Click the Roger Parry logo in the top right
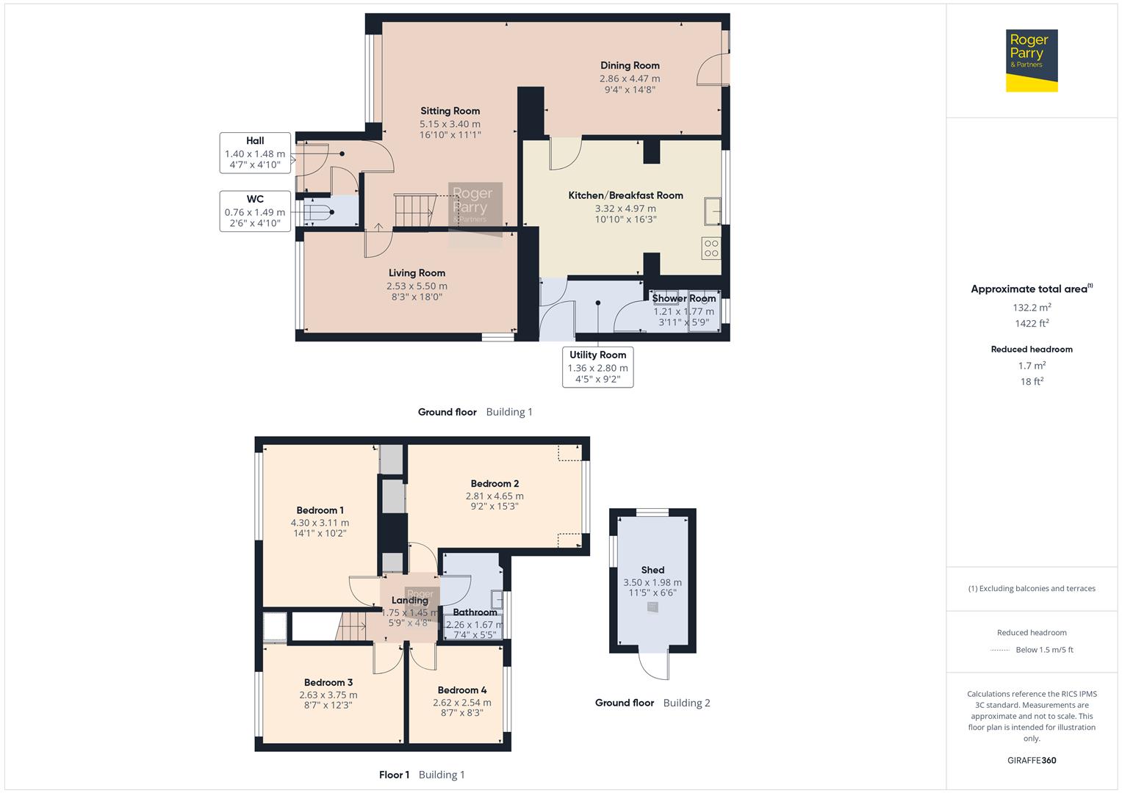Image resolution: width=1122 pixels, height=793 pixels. pyautogui.click(x=1031, y=60)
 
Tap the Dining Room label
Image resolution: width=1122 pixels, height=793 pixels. pyautogui.click(x=630, y=65)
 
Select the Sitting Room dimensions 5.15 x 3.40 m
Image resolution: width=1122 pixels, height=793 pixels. pyautogui.click(x=450, y=124)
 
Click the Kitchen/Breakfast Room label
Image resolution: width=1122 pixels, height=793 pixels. pyautogui.click(x=625, y=195)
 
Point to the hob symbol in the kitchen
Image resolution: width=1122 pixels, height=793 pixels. pyautogui.click(x=711, y=248)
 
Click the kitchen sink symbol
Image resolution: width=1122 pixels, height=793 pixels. pyautogui.click(x=712, y=211)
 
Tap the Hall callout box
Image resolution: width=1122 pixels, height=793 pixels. pyautogui.click(x=255, y=153)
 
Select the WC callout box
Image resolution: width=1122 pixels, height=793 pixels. pyautogui.click(x=255, y=211)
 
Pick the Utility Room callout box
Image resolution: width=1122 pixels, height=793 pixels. pyautogui.click(x=597, y=366)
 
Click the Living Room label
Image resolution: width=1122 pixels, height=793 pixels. pyautogui.click(x=417, y=273)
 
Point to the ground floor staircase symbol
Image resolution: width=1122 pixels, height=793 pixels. pyautogui.click(x=413, y=210)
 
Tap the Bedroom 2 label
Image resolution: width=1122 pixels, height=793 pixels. pyautogui.click(x=495, y=483)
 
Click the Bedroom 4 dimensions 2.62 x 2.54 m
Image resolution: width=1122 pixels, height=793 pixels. pyautogui.click(x=461, y=703)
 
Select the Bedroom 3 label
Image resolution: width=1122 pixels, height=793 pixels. pyautogui.click(x=328, y=682)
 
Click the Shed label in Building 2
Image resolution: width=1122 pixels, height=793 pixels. pyautogui.click(x=652, y=570)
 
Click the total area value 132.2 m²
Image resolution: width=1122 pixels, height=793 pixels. pyautogui.click(x=1032, y=308)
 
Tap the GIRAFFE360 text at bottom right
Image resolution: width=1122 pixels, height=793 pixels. pyautogui.click(x=1032, y=760)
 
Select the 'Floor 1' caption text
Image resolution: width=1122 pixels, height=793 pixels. pyautogui.click(x=394, y=775)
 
